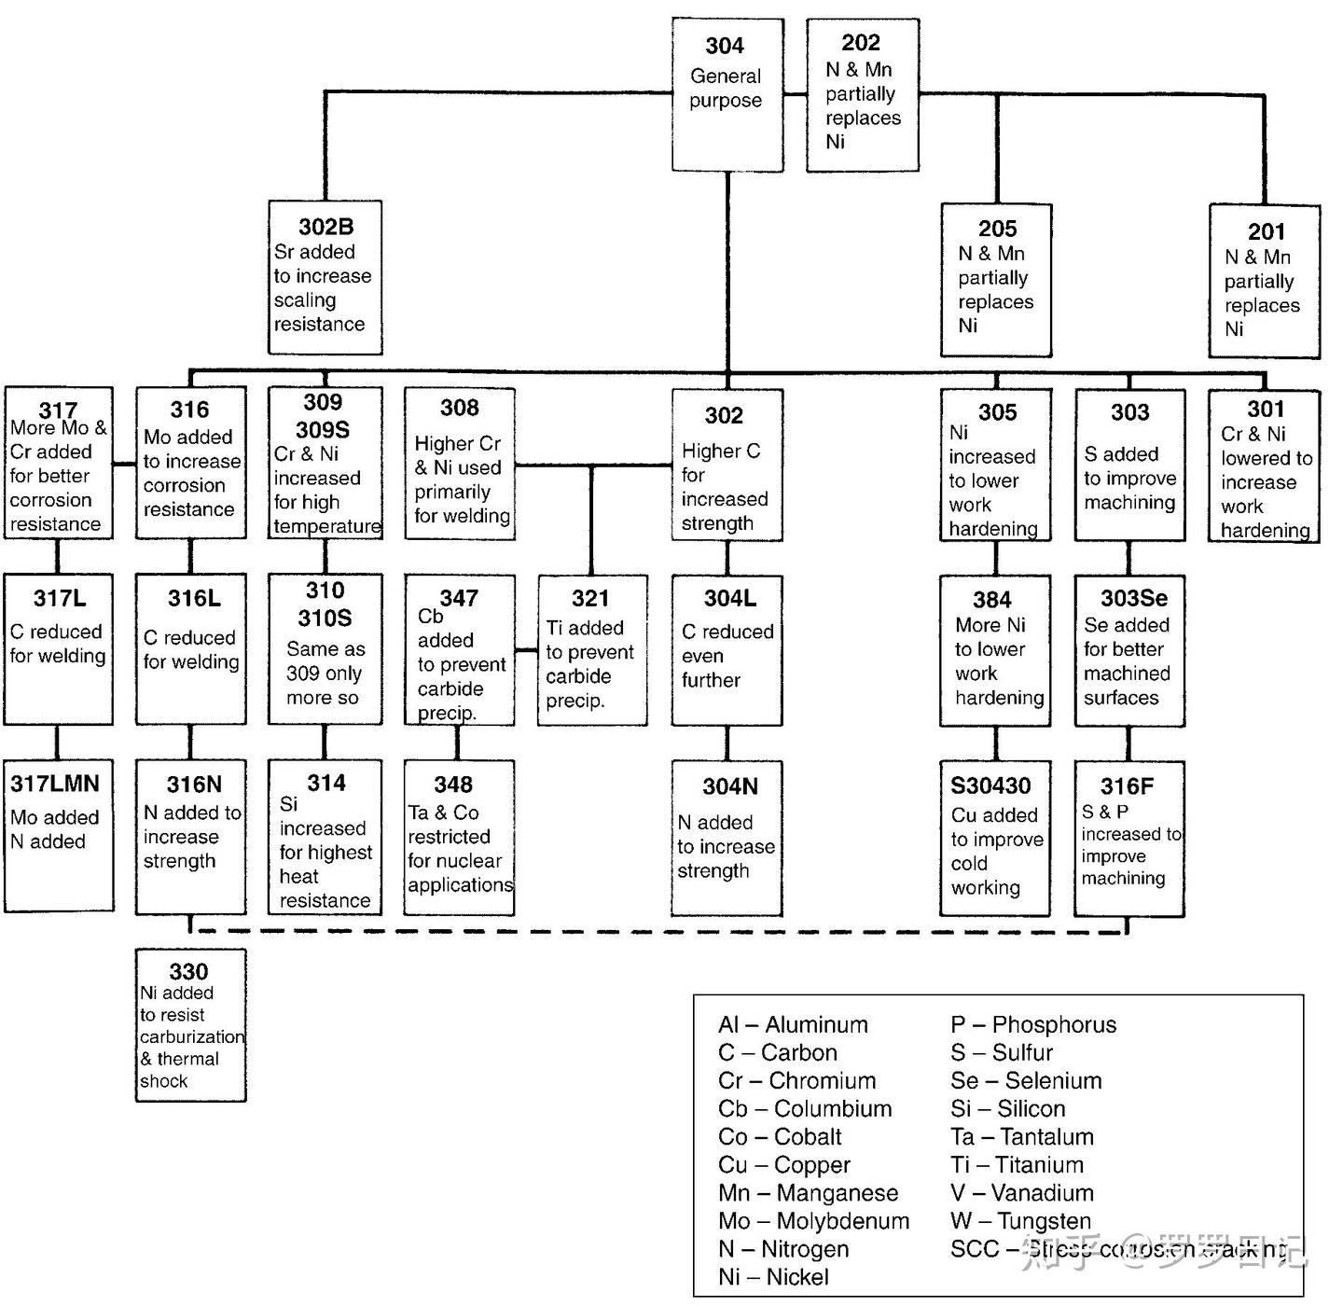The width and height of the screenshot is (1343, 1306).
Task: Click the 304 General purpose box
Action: coord(727,94)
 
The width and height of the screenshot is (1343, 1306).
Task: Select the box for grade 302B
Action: coord(325,277)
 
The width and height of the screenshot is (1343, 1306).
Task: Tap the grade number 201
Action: coord(1266,231)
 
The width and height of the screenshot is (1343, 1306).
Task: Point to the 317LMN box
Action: coord(59,835)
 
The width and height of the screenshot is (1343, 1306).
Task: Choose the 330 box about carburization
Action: coord(190,1025)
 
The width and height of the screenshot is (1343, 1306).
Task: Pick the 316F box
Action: coord(1128,838)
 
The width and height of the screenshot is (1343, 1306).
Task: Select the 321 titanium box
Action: coord(591,650)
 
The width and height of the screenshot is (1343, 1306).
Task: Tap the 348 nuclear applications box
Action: coord(458,837)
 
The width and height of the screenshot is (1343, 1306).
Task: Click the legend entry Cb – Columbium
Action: coord(804,1108)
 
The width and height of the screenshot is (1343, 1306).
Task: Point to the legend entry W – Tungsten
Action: coord(1020,1220)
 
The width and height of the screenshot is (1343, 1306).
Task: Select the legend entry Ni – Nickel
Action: coord(773,1276)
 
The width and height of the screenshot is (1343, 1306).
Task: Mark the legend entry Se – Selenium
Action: coord(1026,1080)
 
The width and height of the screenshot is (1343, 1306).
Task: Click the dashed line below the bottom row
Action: coord(653,931)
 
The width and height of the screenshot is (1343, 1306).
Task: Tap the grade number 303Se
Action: coord(1133,598)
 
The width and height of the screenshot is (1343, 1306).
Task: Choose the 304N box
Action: coord(727,838)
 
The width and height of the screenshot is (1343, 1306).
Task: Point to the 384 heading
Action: coord(991,600)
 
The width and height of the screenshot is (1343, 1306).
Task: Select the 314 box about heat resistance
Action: coord(325,837)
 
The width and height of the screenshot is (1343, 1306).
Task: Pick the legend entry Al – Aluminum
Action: coord(793,1024)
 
